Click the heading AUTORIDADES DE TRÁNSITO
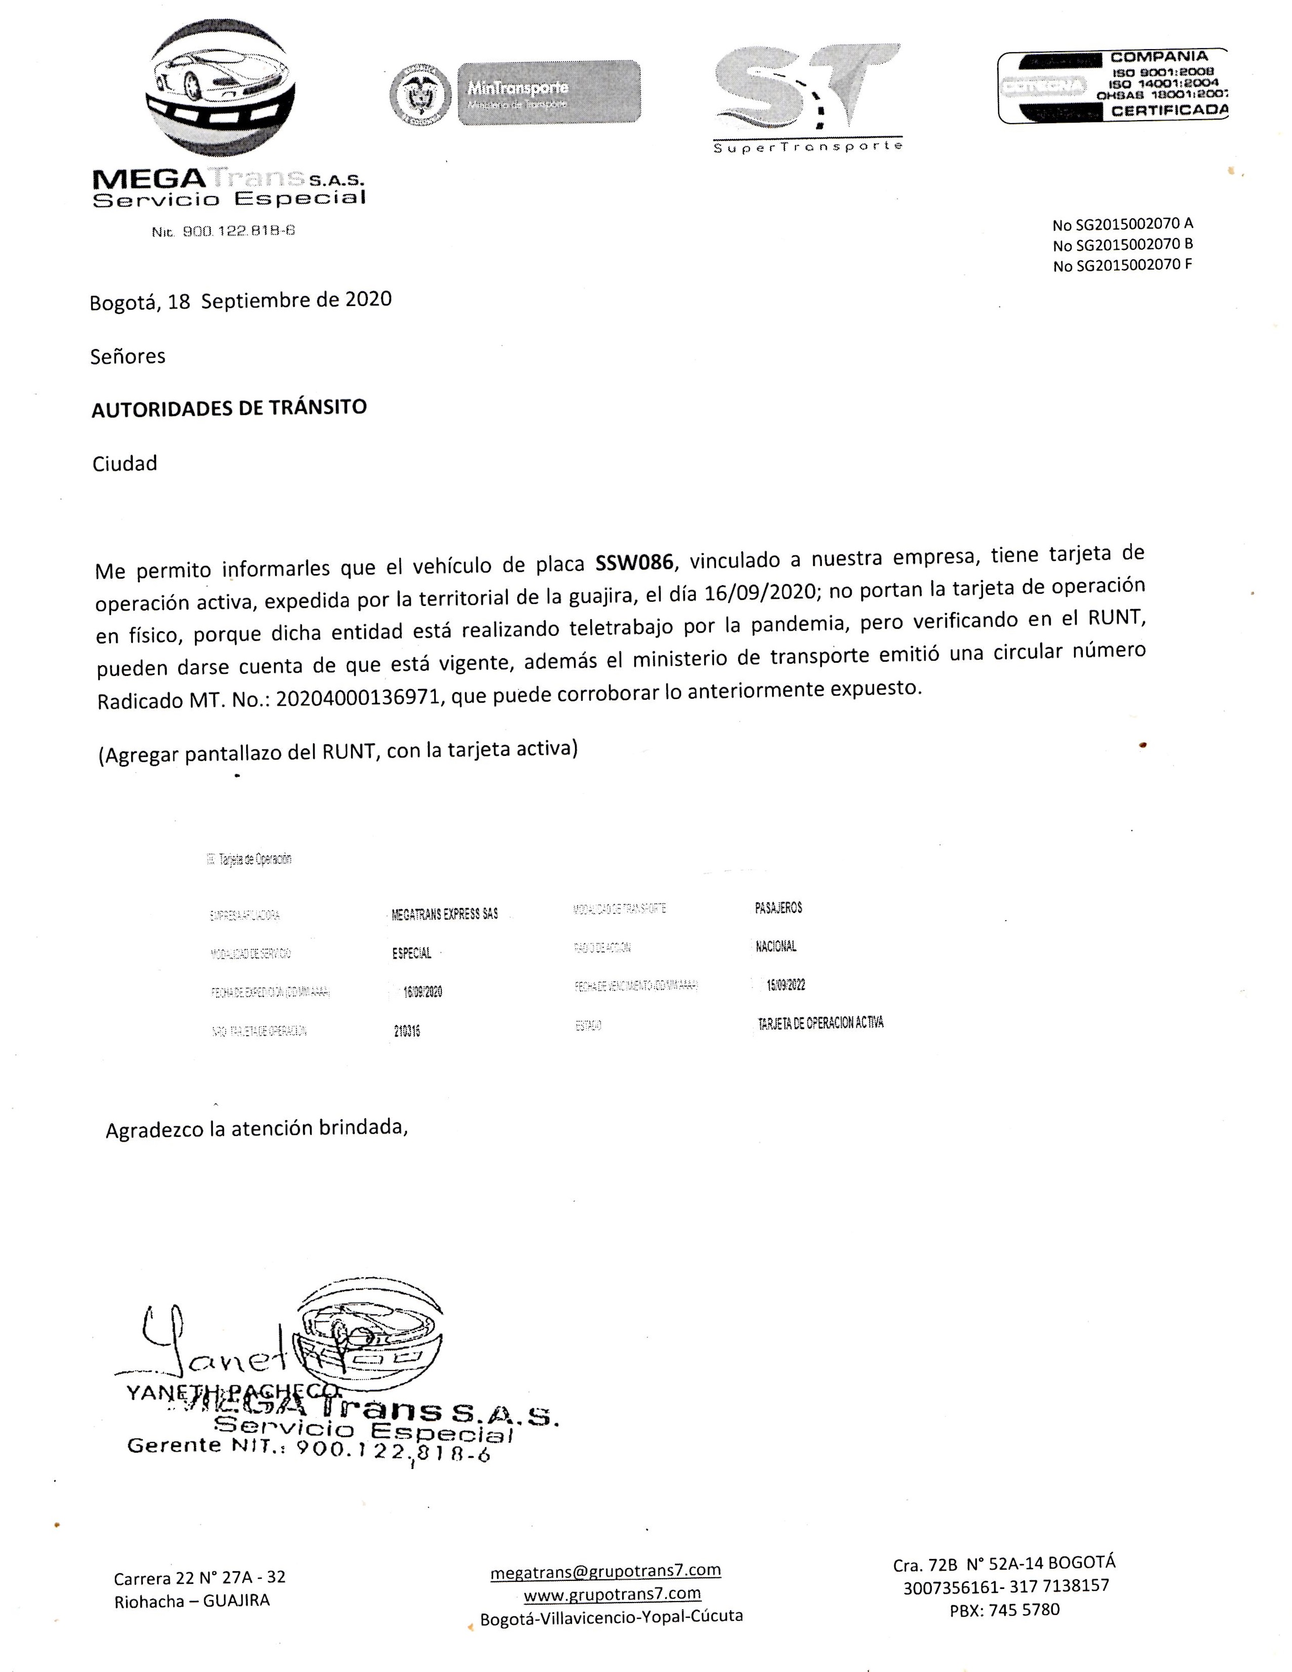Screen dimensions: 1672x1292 pyautogui.click(x=229, y=407)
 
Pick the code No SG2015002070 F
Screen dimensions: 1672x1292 pyautogui.click(x=1122, y=265)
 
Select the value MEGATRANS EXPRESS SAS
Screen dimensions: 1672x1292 pyautogui.click(x=444, y=914)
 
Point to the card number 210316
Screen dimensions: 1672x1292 pyautogui.click(x=406, y=1031)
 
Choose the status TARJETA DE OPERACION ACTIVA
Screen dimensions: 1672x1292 pyautogui.click(x=820, y=1023)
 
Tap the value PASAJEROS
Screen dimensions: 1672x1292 pyautogui.click(x=778, y=908)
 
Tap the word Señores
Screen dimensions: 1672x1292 pyautogui.click(x=128, y=357)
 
